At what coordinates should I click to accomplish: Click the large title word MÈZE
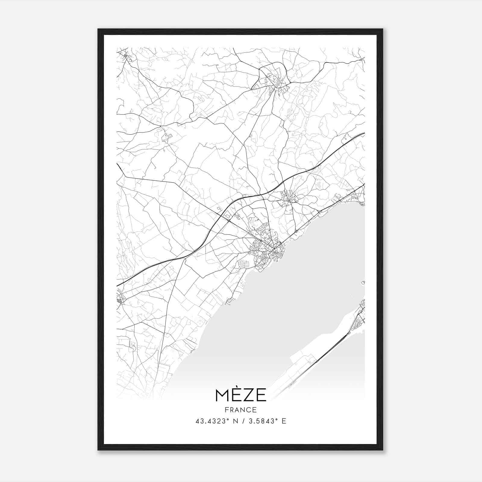[x=241, y=395]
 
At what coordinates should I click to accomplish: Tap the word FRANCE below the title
[x=241, y=410]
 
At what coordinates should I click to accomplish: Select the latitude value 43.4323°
[x=213, y=421]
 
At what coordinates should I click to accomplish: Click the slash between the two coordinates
[x=241, y=421]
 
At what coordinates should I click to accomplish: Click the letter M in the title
[x=222, y=395]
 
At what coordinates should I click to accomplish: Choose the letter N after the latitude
[x=233, y=421]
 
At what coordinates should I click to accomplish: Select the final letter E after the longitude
[x=284, y=421]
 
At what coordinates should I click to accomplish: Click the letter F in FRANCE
[x=227, y=410]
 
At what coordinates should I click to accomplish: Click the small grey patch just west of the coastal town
[x=243, y=264]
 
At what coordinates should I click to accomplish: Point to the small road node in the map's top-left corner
[x=125, y=55]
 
